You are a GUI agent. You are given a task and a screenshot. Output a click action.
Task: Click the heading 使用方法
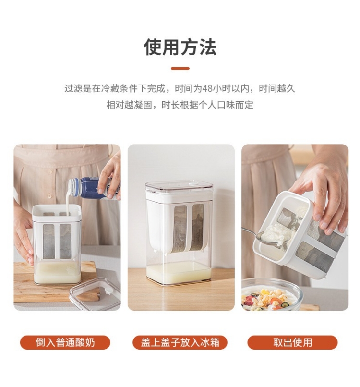click(180, 47)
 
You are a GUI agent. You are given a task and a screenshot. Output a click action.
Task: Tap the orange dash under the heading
click(180, 69)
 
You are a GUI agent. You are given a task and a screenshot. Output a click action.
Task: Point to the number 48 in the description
click(207, 89)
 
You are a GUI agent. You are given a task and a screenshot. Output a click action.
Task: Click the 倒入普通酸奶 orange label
click(65, 342)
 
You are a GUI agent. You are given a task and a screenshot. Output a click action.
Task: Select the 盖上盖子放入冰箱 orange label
click(180, 342)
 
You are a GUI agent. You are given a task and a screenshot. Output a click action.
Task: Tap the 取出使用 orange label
click(292, 342)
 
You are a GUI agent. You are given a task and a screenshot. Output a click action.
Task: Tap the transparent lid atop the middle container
click(179, 187)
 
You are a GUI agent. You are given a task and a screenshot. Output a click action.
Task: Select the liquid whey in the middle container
click(179, 273)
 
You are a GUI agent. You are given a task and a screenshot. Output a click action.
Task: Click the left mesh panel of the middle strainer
click(180, 228)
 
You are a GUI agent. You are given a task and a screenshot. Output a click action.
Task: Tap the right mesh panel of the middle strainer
click(197, 226)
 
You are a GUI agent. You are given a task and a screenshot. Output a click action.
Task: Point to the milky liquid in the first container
click(57, 272)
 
